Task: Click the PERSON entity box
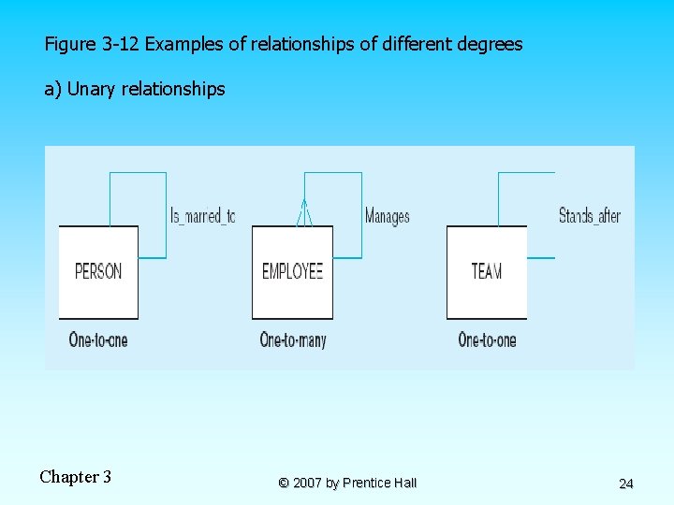(98, 271)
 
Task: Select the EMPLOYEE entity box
(292, 271)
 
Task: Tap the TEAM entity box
(486, 271)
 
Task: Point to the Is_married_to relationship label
(202, 216)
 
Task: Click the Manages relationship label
(387, 216)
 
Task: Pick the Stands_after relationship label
(589, 216)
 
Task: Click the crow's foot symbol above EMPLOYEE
(302, 214)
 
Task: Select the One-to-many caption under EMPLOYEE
(293, 339)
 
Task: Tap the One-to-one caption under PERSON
(98, 339)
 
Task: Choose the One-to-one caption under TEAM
(487, 339)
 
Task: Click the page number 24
(626, 483)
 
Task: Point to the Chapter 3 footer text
(75, 477)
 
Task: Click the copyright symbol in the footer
(283, 483)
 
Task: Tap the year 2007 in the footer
(307, 483)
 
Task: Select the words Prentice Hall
(379, 483)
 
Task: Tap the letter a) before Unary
(52, 90)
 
